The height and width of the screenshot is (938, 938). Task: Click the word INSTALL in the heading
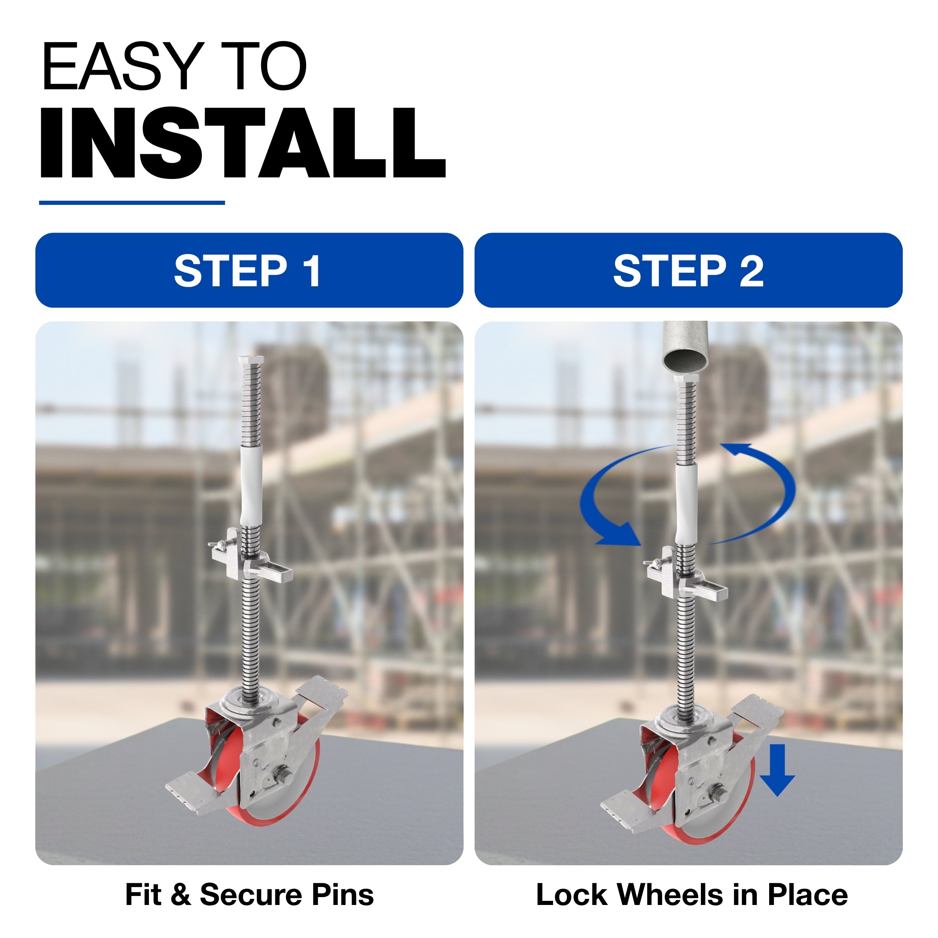243,143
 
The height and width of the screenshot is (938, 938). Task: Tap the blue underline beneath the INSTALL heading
132,203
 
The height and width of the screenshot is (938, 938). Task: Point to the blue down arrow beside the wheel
777,770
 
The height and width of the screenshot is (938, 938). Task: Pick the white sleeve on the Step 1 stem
251,486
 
